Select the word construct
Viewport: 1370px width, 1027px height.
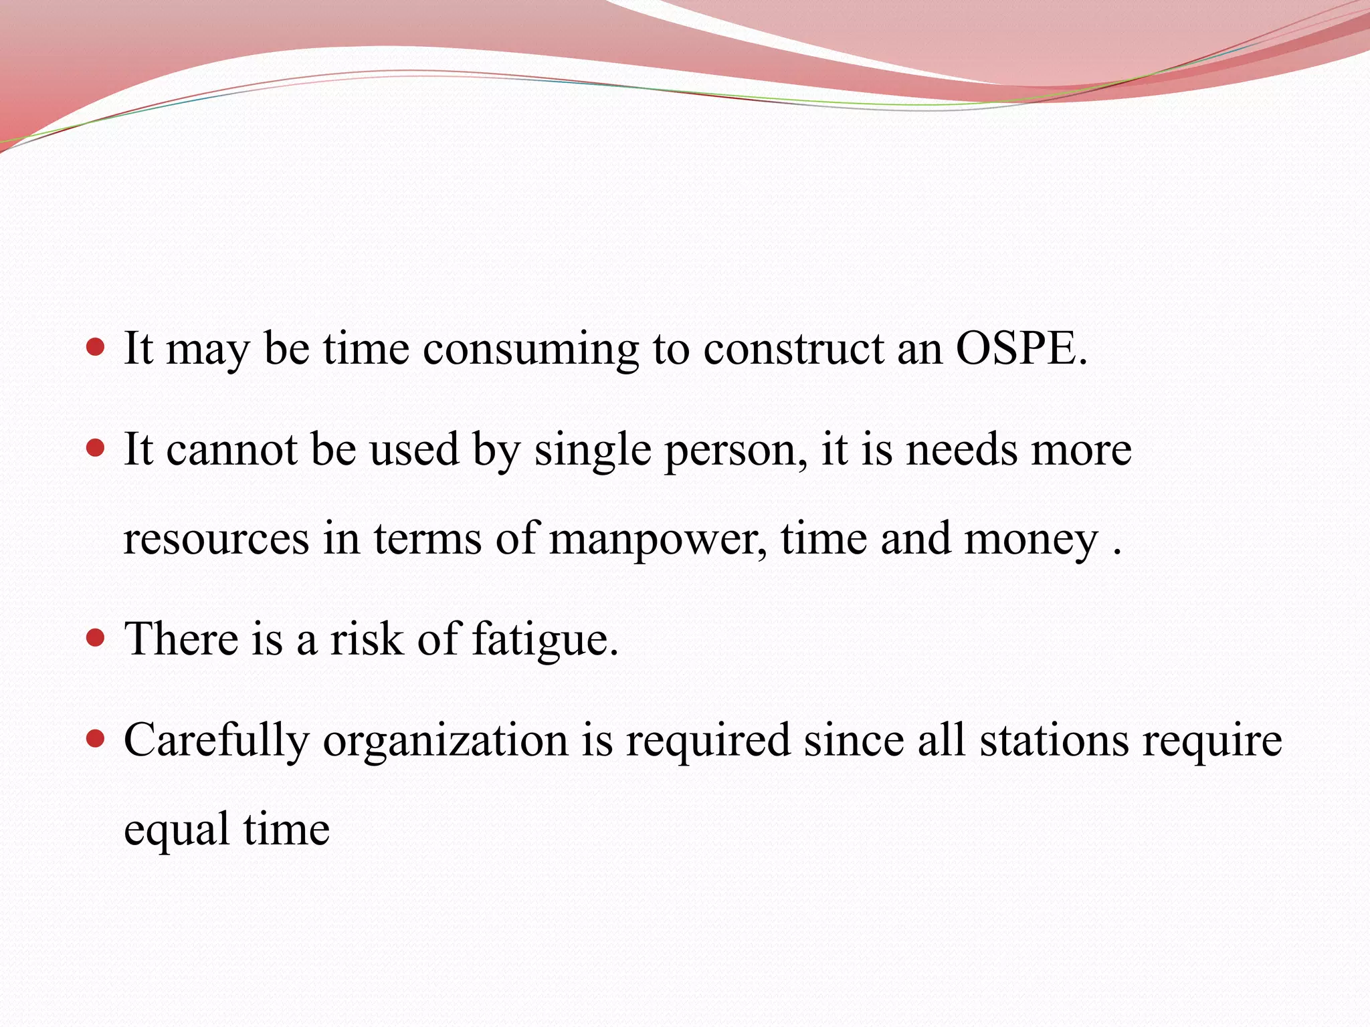(793, 348)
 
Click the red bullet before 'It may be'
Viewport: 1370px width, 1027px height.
(96, 347)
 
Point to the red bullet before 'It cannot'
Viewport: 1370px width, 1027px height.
(96, 447)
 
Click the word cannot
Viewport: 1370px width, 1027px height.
(231, 449)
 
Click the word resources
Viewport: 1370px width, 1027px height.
(216, 539)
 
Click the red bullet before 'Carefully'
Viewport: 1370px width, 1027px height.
(96, 738)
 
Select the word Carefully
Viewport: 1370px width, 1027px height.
(216, 741)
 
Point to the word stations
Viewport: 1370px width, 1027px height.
(1054, 740)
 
